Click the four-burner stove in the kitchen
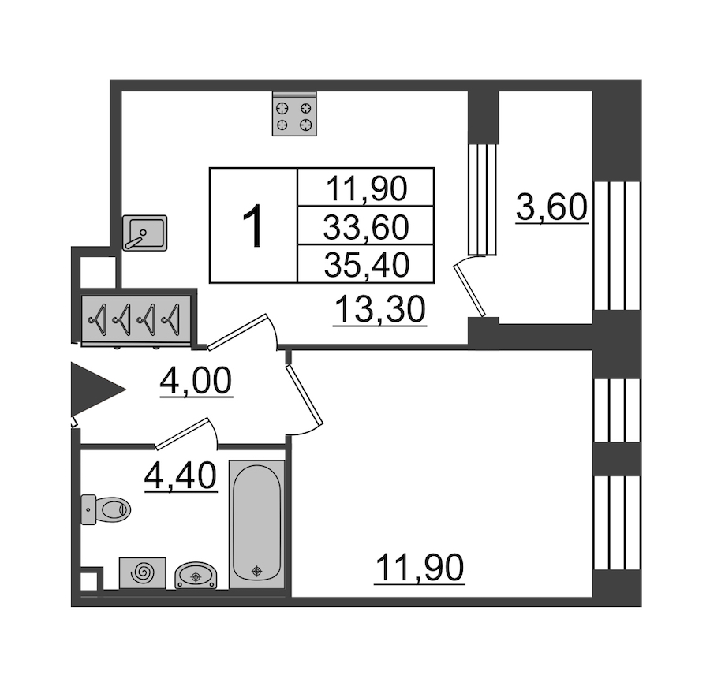tap(294, 114)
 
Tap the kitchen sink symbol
tap(145, 233)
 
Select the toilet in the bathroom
tap(106, 509)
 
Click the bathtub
tap(256, 524)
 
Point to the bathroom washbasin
tap(196, 576)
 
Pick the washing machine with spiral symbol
tap(143, 573)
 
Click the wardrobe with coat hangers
tap(136, 320)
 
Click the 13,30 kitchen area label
tap(380, 310)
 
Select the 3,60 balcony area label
tap(552, 207)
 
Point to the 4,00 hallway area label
tap(196, 381)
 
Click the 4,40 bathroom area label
tap(181, 475)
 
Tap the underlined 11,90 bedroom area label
tap(420, 568)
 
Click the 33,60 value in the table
tap(366, 227)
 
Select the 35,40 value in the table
tap(367, 265)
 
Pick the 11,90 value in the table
tap(366, 188)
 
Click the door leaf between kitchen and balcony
tap(470, 290)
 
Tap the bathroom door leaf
tap(182, 434)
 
